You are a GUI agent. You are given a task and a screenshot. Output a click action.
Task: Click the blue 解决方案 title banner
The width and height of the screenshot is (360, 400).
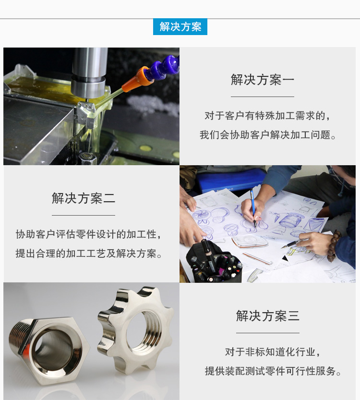tap(180, 27)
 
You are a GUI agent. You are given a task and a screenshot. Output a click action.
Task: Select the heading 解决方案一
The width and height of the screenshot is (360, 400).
tap(262, 80)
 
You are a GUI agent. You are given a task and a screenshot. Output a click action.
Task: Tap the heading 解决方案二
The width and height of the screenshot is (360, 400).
tap(84, 198)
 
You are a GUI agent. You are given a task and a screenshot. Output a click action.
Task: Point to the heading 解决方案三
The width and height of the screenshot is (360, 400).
tap(268, 315)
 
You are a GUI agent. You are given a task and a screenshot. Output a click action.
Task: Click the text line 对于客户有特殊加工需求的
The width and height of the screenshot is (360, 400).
tap(268, 116)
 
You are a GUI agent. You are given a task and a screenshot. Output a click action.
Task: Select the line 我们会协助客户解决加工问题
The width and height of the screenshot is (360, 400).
tap(268, 135)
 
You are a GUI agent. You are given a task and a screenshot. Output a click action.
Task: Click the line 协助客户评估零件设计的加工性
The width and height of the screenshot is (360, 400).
tap(89, 234)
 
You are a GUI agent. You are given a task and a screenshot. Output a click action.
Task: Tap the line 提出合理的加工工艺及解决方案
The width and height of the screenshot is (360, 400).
tap(89, 254)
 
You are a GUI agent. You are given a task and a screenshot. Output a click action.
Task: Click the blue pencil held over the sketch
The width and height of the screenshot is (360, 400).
tap(252, 206)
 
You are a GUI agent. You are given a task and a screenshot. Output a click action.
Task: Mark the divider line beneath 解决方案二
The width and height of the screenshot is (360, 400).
tap(84, 215)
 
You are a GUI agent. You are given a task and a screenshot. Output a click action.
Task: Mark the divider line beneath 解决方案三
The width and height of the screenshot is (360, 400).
tap(268, 333)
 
